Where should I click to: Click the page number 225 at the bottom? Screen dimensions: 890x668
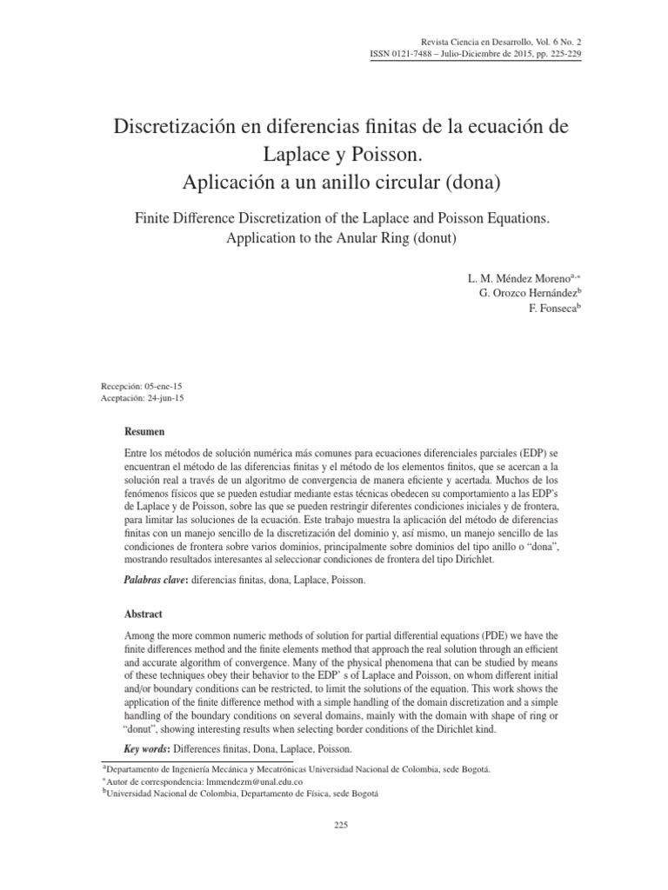(x=341, y=826)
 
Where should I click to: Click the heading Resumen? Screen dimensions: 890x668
(x=145, y=431)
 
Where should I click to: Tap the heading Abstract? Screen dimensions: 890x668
(x=144, y=614)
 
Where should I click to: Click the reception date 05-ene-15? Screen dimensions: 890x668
(x=164, y=385)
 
